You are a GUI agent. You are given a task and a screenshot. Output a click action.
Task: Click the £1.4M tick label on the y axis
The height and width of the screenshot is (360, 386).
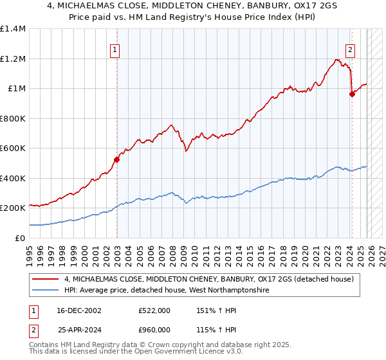pyautogui.click(x=13, y=29)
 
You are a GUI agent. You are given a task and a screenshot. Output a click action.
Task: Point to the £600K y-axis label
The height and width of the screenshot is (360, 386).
pyautogui.click(x=13, y=148)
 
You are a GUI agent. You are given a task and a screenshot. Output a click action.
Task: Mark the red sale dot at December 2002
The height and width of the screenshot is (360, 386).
pyautogui.click(x=117, y=159)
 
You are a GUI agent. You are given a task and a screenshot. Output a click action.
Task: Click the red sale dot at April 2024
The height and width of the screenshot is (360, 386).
pyautogui.click(x=352, y=94)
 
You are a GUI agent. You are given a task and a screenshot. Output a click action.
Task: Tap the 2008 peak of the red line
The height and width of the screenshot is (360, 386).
pyautogui.click(x=171, y=125)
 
